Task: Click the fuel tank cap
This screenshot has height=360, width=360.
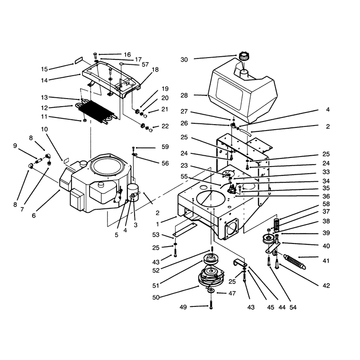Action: coord(243,56)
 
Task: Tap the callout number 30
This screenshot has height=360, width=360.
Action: coord(184,60)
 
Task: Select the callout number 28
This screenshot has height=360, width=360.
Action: coord(184,95)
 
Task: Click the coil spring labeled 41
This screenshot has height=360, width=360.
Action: coord(295,261)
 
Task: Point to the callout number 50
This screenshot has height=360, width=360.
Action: coord(156,297)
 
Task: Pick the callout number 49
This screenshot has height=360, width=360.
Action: coord(183,307)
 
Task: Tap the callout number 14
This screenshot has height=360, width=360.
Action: coord(44,81)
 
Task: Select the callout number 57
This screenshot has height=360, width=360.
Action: coord(145,64)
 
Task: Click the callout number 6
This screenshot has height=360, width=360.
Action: coord(34,216)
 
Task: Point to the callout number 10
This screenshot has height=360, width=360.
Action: coord(44,129)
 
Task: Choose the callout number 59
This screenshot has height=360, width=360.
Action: coord(165,147)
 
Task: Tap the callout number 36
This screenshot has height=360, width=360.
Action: coord(326,197)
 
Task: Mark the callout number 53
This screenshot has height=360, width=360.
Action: coord(156,235)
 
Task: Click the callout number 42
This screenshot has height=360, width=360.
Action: coord(326,286)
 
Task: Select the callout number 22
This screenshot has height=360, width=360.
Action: coord(165,126)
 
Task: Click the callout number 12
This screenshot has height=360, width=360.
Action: coord(44,108)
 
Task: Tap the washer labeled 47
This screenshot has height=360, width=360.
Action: coord(211,291)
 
